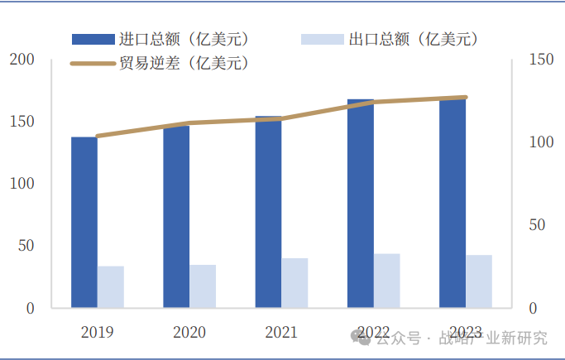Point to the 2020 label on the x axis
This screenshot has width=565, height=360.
pos(189,333)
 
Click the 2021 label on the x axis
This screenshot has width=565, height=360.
pos(281,333)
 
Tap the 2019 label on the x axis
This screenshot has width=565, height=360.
pos(98,333)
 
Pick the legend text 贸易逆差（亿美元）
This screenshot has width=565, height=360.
pos(184,63)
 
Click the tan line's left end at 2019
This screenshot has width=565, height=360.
pos(98,136)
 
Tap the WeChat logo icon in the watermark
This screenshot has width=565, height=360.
pos(361,337)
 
